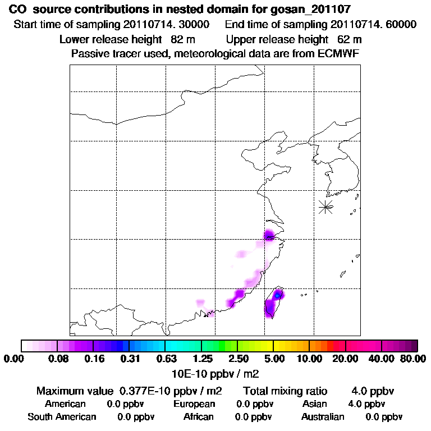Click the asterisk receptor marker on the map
coord(325,207)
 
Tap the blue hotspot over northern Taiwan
coord(277,295)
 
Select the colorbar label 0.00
coord(16,359)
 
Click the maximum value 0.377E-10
coord(145,391)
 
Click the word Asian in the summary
coord(314,404)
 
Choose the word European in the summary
coord(194,404)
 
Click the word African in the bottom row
coord(198,417)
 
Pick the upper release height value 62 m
coord(350,39)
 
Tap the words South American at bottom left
coord(62,417)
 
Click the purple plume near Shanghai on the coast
coord(270,235)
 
